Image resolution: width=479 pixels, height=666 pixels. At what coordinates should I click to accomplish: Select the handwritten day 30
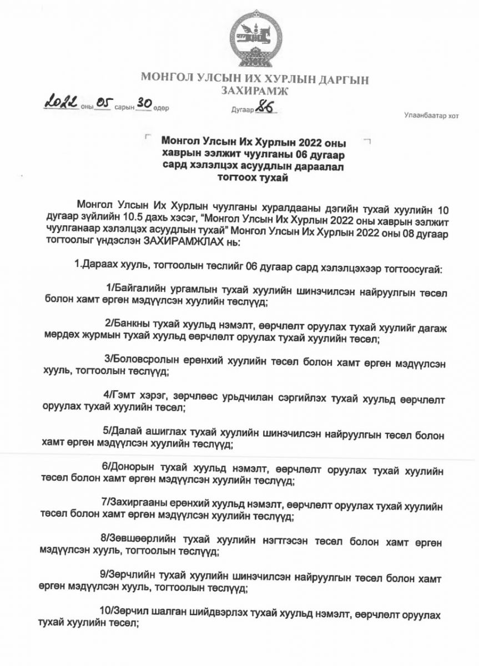pyautogui.click(x=144, y=105)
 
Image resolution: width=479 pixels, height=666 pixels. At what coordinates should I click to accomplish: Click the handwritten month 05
pyautogui.click(x=104, y=105)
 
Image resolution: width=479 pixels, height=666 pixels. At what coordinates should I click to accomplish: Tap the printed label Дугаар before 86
pyautogui.click(x=242, y=110)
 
